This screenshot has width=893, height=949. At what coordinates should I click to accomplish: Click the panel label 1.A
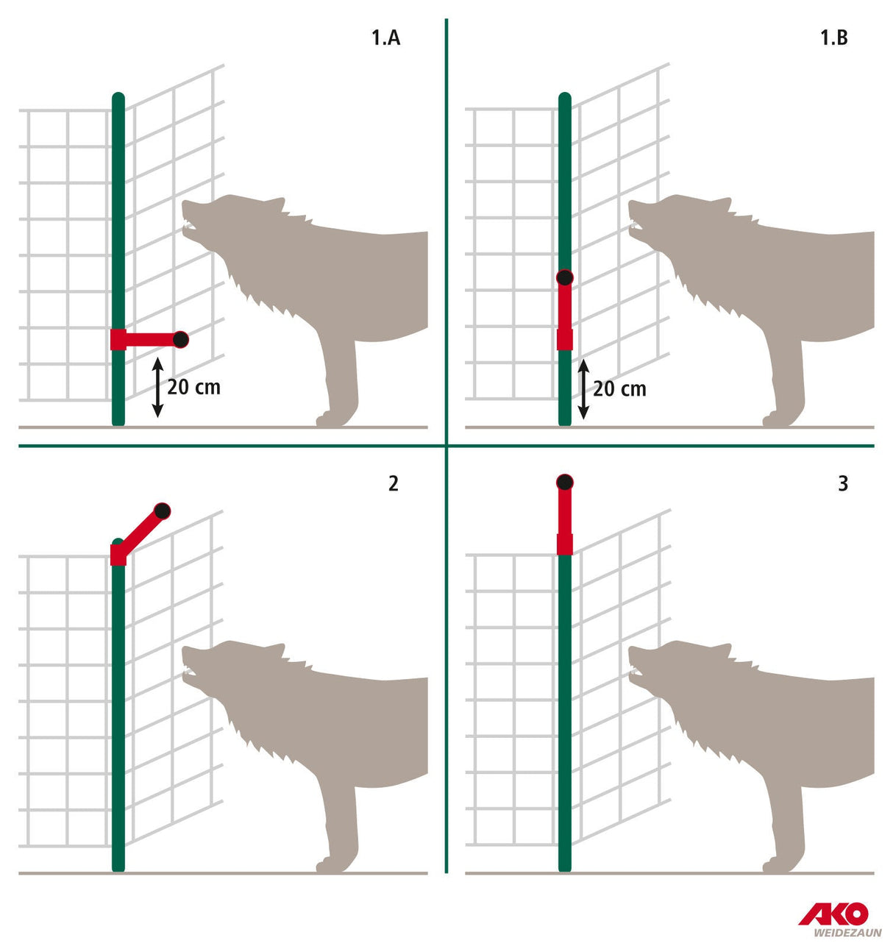coord(385,38)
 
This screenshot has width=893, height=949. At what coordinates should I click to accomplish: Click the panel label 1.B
coord(833,38)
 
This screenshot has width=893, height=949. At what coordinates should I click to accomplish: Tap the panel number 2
coord(394,483)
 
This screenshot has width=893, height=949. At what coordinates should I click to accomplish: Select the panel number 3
coord(843,483)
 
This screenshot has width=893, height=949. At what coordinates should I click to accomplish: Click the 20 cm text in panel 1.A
coord(193,387)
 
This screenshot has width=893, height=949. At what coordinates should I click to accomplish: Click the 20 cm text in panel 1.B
coord(619,388)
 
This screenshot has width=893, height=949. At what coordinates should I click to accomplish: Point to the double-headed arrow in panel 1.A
coord(157,387)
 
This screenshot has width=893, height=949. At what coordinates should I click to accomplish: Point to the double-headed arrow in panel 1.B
coord(583,389)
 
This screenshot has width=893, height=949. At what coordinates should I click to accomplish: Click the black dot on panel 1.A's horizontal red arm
coord(180,339)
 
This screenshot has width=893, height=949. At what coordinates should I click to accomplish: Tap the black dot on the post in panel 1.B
coord(564,277)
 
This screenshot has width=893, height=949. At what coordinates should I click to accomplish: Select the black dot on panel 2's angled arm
coord(162,511)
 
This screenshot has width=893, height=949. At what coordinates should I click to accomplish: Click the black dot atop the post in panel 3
coord(564,483)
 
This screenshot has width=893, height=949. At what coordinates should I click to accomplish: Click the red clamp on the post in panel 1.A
coord(118,339)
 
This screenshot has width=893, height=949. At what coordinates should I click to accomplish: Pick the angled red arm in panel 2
coord(141,530)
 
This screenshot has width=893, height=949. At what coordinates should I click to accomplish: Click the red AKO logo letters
coord(833,914)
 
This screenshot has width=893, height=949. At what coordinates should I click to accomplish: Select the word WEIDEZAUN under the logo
coord(847,933)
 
